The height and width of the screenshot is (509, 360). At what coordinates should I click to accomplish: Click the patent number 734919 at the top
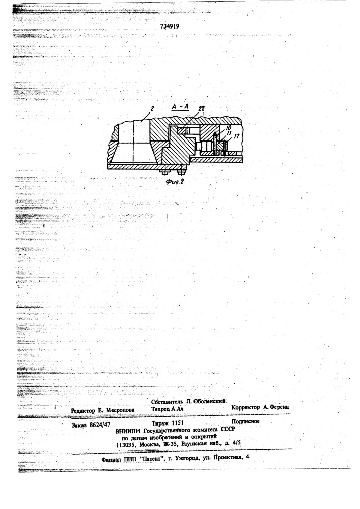pos(170,26)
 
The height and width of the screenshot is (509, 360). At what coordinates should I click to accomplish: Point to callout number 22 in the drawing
pos(201,108)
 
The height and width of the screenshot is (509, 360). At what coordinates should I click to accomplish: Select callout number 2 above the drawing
pos(152,108)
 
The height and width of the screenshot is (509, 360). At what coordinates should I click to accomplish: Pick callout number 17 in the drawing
pos(237,136)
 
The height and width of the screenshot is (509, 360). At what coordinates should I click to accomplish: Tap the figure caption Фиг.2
pos(175,182)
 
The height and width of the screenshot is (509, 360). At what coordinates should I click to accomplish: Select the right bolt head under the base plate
pos(180,173)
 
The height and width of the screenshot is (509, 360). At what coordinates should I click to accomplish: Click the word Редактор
pos(83,411)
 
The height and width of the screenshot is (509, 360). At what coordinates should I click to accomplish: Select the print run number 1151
pos(177,423)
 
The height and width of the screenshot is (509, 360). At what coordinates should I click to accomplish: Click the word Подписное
pos(245,421)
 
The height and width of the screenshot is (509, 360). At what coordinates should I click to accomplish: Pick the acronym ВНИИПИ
pos(128,431)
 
